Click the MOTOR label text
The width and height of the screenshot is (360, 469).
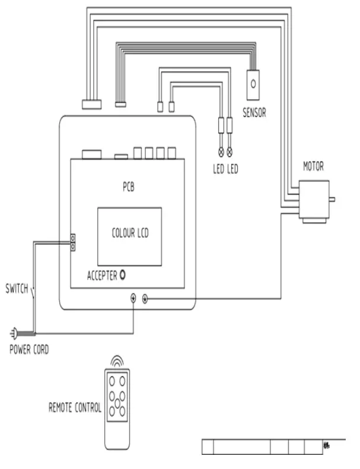(x=314, y=167)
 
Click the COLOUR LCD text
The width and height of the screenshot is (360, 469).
(x=130, y=233)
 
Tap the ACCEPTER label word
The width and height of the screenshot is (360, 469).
(x=102, y=275)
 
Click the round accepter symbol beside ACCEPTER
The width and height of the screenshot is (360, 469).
(x=123, y=275)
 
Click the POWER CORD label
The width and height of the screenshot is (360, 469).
(x=29, y=349)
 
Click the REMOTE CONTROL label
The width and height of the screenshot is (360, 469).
(x=75, y=408)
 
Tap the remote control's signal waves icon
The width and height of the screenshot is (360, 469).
(x=117, y=360)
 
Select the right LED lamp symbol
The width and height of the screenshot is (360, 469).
(x=230, y=151)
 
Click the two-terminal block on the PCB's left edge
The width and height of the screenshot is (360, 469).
(x=74, y=242)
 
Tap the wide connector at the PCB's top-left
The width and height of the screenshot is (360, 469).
(x=92, y=154)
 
